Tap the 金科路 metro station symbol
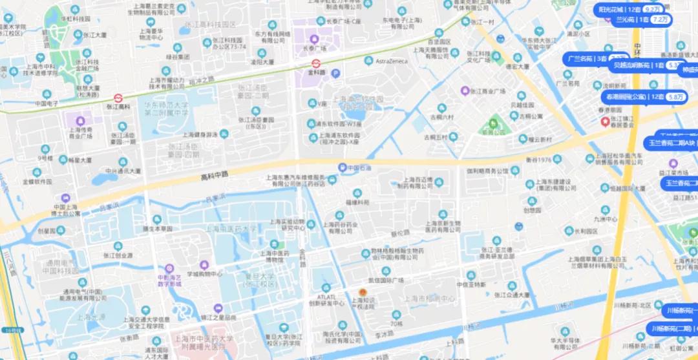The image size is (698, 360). pyautogui.click(x=316, y=63)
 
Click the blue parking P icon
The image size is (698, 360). pyautogui.click(x=335, y=74)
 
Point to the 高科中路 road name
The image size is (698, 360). pyautogui.click(x=215, y=175)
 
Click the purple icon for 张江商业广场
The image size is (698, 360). pyautogui.click(x=465, y=90)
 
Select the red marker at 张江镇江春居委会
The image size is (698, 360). pyautogui.click(x=605, y=121)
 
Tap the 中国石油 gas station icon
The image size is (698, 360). pyautogui.click(x=342, y=167)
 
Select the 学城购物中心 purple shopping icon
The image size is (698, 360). pyautogui.click(x=204, y=264)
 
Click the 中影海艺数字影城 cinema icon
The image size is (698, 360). pyautogui.click(x=169, y=268)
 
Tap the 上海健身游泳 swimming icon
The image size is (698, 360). pyautogui.click(x=224, y=134)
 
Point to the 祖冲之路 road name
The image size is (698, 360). pyautogui.click(x=202, y=80)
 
